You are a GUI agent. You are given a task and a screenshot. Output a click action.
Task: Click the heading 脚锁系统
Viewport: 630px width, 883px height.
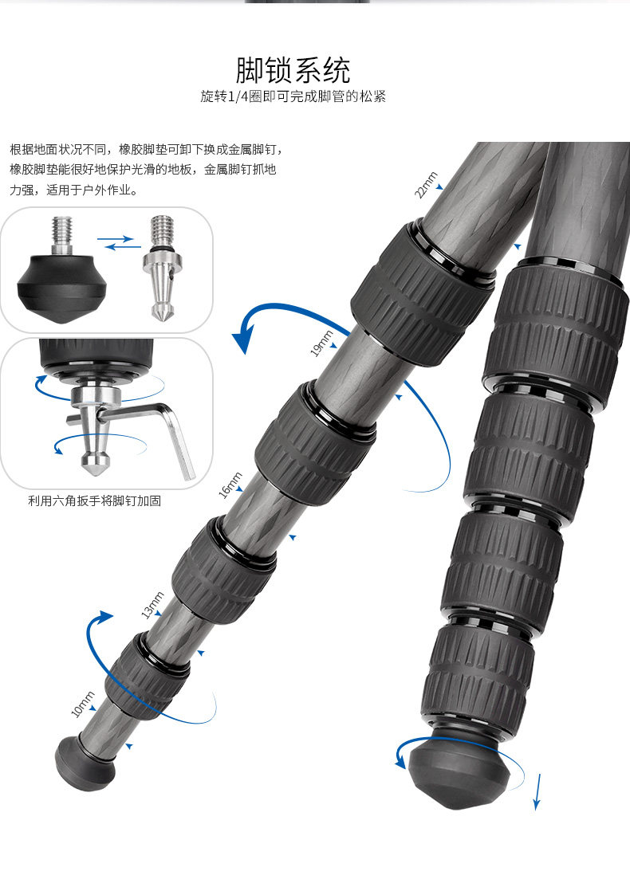pos(293,70)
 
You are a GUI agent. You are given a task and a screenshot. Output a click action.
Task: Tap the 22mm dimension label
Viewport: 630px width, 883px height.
pos(426,185)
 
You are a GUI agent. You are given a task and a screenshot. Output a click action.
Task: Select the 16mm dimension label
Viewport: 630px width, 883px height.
pos(230,486)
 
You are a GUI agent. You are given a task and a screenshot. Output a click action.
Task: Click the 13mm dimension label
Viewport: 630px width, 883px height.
pos(152,605)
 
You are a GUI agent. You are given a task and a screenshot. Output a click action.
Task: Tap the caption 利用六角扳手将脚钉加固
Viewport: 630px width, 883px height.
pos(94,501)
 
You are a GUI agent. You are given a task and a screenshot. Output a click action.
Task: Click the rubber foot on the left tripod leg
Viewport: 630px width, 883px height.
pos(85,760)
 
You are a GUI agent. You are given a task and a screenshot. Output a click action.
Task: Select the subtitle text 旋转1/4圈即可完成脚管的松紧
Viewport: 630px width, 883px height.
pos(293,97)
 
